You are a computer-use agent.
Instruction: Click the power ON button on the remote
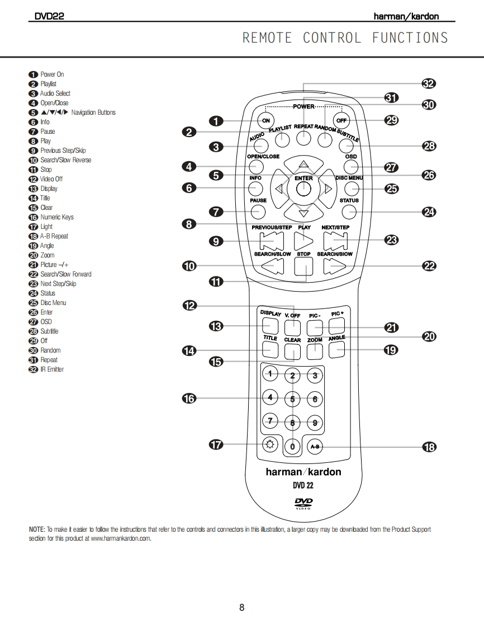(265, 120)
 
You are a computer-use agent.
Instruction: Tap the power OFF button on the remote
(340, 120)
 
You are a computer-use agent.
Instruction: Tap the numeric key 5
(292, 399)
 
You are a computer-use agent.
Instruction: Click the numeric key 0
(292, 446)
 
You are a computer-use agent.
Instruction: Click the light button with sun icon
(271, 445)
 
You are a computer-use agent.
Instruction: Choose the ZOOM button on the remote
(315, 350)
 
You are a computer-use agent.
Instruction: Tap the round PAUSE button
(258, 212)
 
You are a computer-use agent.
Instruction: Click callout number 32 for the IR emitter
(429, 84)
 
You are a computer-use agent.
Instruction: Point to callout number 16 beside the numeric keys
(189, 399)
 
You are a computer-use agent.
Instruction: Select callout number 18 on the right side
(429, 447)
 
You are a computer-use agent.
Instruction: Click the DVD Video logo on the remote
(303, 503)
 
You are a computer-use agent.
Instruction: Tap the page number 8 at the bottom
(242, 607)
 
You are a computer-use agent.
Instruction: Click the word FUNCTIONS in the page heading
(410, 38)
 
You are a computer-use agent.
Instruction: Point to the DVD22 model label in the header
(49, 17)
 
